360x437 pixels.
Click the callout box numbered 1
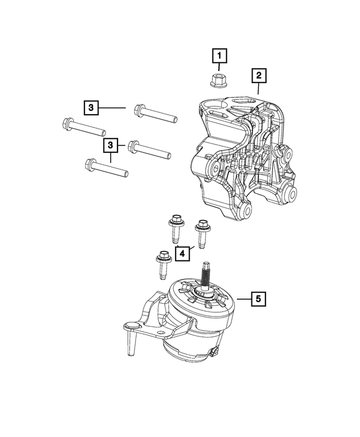pyautogui.click(x=219, y=56)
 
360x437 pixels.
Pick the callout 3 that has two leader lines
pyautogui.click(x=111, y=146)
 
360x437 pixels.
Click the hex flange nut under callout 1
pyautogui.click(x=215, y=80)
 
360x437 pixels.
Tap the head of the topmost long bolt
pyautogui.click(x=139, y=110)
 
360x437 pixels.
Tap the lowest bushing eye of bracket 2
pyautogui.click(x=247, y=211)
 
